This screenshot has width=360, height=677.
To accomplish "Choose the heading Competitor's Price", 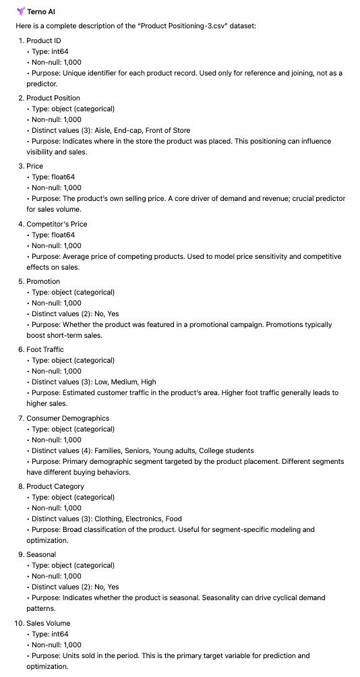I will [x=57, y=224].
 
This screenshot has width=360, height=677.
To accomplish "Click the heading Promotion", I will [x=43, y=281].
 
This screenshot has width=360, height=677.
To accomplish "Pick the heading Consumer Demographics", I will [x=67, y=418].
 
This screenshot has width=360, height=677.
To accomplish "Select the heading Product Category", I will [x=55, y=486].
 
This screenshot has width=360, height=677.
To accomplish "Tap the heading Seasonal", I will [x=41, y=554].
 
